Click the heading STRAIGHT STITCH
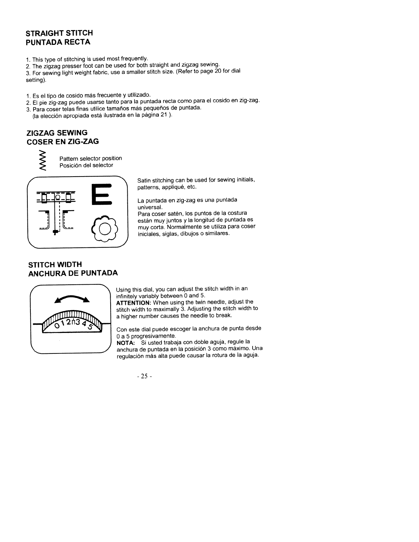[x=60, y=33]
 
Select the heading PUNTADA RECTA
[x=58, y=42]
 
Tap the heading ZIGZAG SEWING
[x=57, y=132]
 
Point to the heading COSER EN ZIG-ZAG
[x=63, y=141]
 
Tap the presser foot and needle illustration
[x=56, y=211]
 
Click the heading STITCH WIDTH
[x=55, y=264]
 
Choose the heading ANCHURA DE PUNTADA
[x=73, y=273]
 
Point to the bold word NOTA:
[x=126, y=342]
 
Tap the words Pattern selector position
[x=90, y=158]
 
